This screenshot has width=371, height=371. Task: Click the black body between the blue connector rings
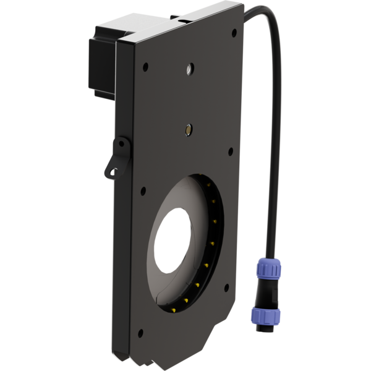pyautogui.click(x=268, y=292)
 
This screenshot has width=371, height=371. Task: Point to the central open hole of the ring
pyautogui.click(x=174, y=241)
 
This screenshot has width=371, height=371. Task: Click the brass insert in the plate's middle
pyautogui.click(x=186, y=130)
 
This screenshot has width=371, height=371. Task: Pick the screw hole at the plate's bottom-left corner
pyautogui.click(x=140, y=334)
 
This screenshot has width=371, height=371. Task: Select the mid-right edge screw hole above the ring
pyautogui.click(x=230, y=150)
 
